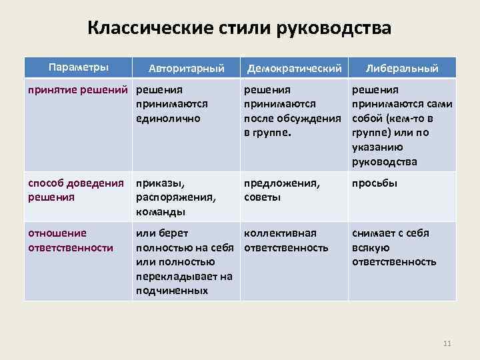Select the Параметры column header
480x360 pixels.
[77, 67]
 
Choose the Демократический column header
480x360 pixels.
[294, 68]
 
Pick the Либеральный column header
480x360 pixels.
[401, 68]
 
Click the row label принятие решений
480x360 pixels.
[79, 89]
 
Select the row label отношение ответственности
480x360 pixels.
[69, 241]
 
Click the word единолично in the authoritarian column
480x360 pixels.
[168, 119]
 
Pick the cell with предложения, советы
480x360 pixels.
[282, 189]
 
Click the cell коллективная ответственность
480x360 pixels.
[286, 241]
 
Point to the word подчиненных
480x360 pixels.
[172, 291]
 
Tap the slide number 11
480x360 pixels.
[447, 343]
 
